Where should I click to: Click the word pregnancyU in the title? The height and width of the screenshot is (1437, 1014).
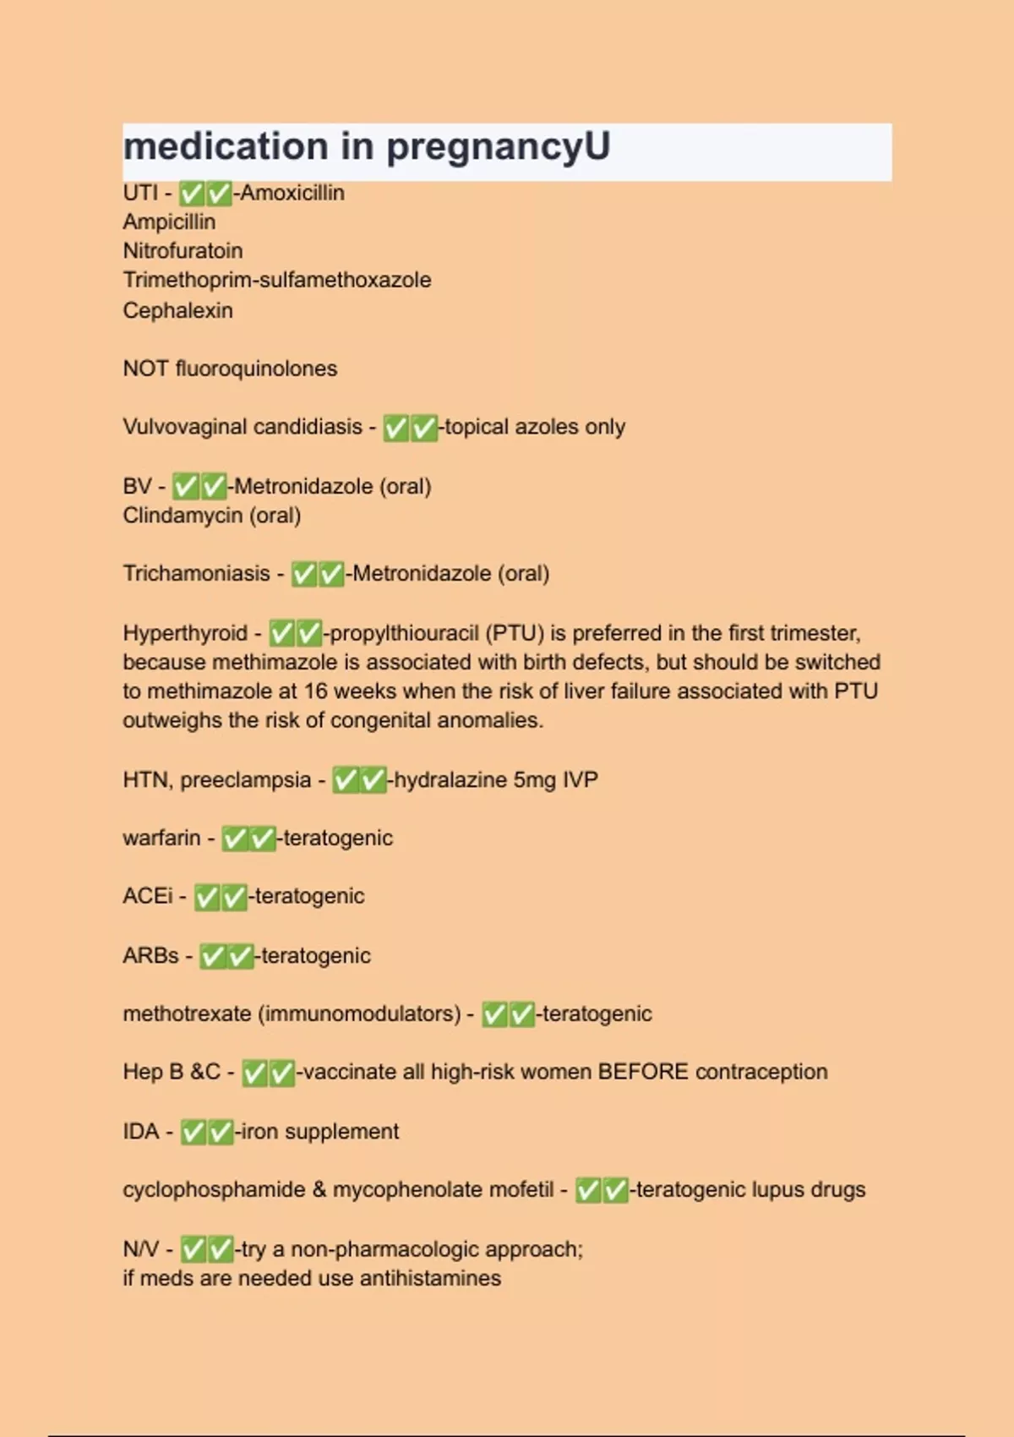point(498,147)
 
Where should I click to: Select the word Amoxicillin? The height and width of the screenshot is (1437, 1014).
point(292,194)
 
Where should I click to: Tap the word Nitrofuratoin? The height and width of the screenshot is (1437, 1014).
point(183,251)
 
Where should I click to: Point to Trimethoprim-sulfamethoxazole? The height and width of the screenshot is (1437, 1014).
point(276,280)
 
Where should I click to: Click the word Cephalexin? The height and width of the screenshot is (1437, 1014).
point(177,310)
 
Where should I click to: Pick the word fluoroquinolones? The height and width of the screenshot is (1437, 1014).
point(256,369)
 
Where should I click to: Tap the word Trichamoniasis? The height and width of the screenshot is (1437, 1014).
point(196,574)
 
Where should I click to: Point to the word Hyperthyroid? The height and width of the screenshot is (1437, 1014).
point(185,633)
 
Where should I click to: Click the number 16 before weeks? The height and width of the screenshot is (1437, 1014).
point(315,691)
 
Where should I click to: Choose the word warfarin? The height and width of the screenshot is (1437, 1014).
point(161,838)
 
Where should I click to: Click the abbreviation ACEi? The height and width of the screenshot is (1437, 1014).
point(147,896)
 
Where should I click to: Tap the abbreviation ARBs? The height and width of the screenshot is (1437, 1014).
point(150,956)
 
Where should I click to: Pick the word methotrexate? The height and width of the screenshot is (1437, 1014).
point(187,1014)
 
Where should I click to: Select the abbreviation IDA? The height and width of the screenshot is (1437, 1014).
point(140,1131)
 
